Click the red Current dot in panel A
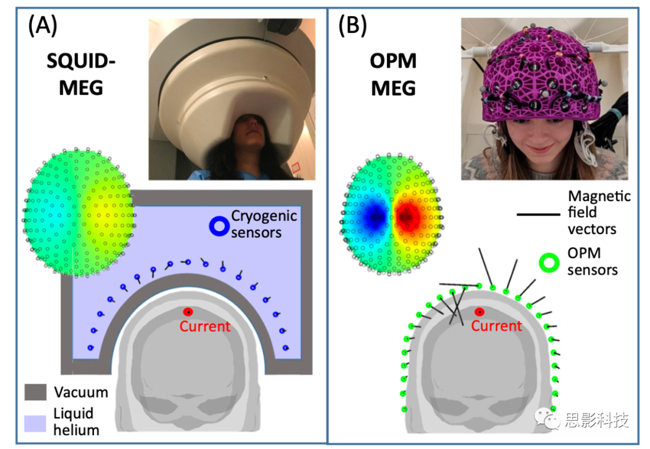(188, 312)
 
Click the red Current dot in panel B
(480, 312)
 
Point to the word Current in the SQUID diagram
(205, 326)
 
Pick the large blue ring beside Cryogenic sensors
(218, 226)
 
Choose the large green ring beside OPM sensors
(549, 263)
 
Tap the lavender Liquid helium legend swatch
(36, 423)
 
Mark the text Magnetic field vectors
(599, 212)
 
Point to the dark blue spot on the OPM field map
(376, 214)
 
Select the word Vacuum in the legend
(81, 393)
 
